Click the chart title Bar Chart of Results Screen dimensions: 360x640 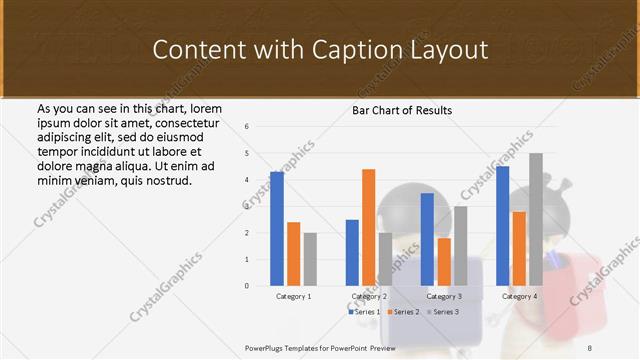tap(402, 110)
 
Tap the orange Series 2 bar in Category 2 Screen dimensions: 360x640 tap(368, 227)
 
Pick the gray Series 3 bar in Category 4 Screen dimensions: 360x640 tap(536, 219)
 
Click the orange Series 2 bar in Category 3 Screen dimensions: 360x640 tap(444, 262)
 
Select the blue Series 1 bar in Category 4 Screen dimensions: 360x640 tap(502, 225)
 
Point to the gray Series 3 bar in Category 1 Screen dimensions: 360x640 tap(310, 259)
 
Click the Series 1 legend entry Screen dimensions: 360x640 tap(364, 312)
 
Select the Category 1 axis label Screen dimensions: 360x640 tap(294, 297)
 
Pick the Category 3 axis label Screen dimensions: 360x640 tap(444, 297)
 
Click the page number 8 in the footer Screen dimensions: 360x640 tap(589, 347)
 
